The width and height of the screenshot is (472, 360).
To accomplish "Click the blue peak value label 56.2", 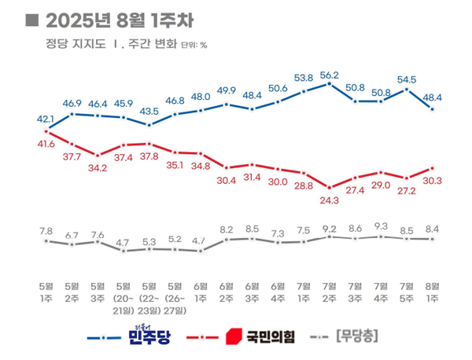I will pos(330,75).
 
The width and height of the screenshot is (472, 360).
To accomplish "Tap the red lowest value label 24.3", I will pos(330,200).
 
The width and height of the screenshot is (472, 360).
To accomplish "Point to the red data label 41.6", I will pos(46,144).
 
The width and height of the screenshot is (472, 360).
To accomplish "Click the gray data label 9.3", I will pos(381,226).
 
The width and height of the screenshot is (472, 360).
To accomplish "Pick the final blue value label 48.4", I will pos(433,97).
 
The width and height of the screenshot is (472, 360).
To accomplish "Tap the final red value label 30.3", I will pos(433,180).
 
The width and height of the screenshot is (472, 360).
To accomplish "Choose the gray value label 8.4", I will pos(433,230).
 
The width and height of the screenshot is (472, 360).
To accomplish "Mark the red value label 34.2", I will pos(98,168).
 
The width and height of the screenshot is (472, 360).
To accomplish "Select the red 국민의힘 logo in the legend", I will pos(233,337).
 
